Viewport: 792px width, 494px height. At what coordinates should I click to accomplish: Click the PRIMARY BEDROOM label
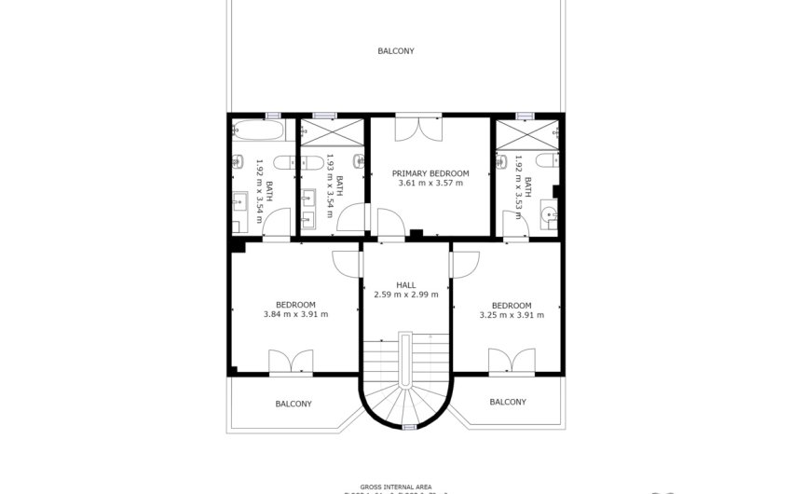click(x=430, y=173)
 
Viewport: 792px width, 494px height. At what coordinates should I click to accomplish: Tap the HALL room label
click(x=405, y=285)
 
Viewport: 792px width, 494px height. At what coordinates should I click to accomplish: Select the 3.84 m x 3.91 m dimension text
click(x=295, y=315)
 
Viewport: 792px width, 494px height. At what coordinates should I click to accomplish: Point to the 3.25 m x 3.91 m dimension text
click(x=512, y=315)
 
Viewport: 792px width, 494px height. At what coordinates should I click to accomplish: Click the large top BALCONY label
click(x=396, y=51)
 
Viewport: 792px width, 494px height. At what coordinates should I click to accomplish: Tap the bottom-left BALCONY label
click(x=294, y=404)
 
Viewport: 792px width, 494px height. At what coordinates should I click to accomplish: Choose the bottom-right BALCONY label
click(x=508, y=402)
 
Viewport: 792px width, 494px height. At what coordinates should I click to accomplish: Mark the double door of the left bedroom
click(x=292, y=362)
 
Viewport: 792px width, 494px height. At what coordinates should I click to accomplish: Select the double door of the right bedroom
click(x=512, y=362)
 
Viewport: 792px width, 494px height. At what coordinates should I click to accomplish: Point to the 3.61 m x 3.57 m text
click(x=430, y=184)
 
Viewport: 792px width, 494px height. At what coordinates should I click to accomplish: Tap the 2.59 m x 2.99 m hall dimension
click(x=405, y=295)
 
